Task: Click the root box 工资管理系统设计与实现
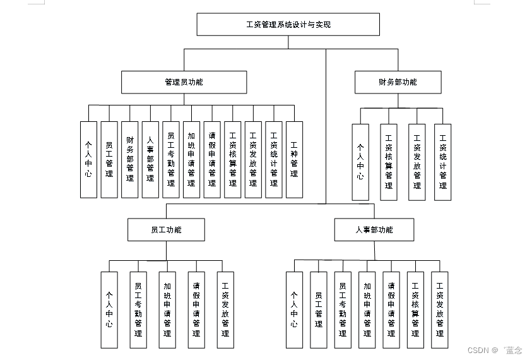click(288, 25)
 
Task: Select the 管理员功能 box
click(184, 82)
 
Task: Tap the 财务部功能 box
click(398, 82)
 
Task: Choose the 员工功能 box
click(166, 230)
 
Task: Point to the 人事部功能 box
click(374, 230)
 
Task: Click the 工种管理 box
click(294, 159)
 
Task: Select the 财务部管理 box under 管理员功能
click(130, 159)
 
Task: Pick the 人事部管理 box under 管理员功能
click(150, 159)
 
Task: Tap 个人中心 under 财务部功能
click(360, 162)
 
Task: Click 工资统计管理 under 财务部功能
click(443, 162)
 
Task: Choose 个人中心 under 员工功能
click(109, 309)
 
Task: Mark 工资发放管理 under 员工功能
click(225, 309)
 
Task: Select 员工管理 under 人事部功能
click(319, 309)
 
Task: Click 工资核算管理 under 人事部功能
click(415, 309)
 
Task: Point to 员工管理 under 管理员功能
click(109, 159)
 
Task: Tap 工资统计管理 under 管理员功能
click(274, 159)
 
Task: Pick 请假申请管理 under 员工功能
click(196, 309)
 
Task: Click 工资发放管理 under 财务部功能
click(417, 162)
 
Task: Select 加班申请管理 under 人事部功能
click(367, 309)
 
